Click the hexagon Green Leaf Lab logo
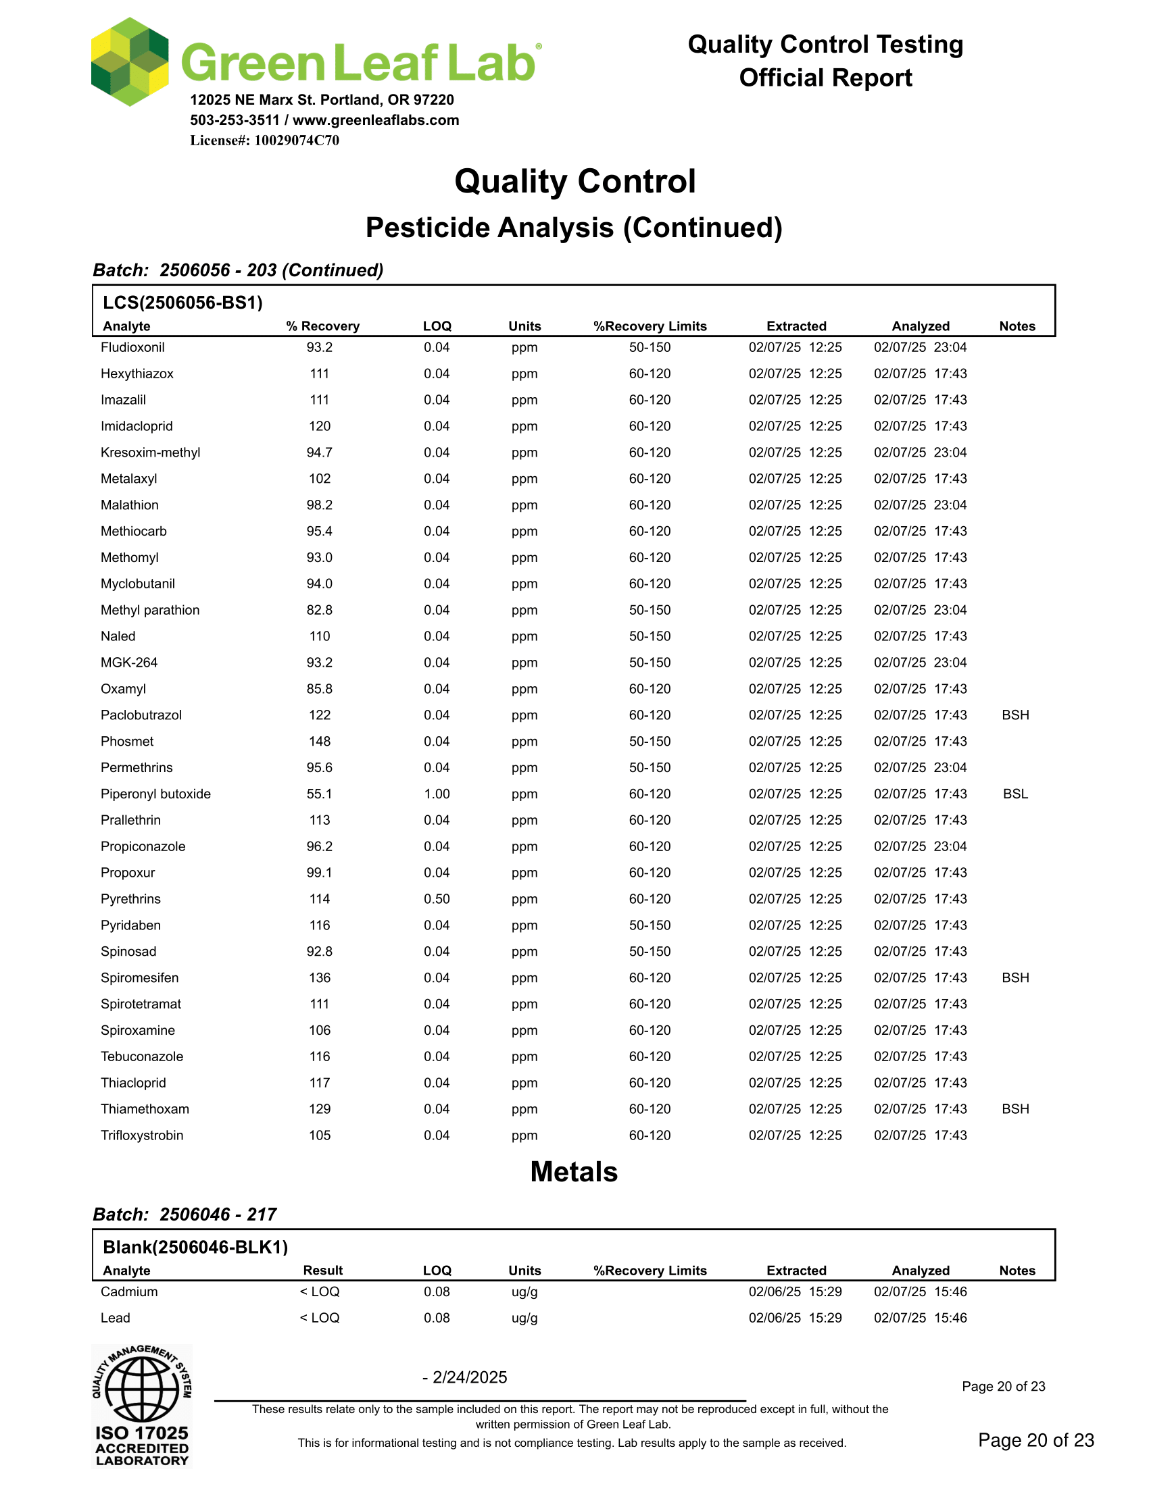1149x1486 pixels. click(x=130, y=62)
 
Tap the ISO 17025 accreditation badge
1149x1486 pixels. click(x=142, y=1406)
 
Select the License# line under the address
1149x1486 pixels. click(x=264, y=141)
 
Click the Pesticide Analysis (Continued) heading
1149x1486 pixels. click(x=574, y=228)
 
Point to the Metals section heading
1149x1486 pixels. click(x=574, y=1173)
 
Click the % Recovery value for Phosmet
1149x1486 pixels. click(x=319, y=742)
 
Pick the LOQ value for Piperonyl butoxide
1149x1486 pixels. click(x=437, y=794)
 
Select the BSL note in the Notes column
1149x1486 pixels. click(x=1015, y=794)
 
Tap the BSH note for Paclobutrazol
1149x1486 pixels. click(x=1015, y=715)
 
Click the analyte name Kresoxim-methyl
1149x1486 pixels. click(x=151, y=453)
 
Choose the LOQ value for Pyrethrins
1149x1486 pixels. click(x=437, y=899)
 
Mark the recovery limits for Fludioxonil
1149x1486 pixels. click(x=650, y=348)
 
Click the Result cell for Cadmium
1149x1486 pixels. click(x=319, y=1292)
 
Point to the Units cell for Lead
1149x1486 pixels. click(x=524, y=1318)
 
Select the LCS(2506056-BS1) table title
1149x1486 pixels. click(x=182, y=303)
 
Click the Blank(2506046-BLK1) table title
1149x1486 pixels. click(x=195, y=1247)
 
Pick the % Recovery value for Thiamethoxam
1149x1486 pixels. click(x=319, y=1109)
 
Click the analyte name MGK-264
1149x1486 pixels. click(x=128, y=663)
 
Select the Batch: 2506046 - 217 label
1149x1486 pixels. click(x=185, y=1214)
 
